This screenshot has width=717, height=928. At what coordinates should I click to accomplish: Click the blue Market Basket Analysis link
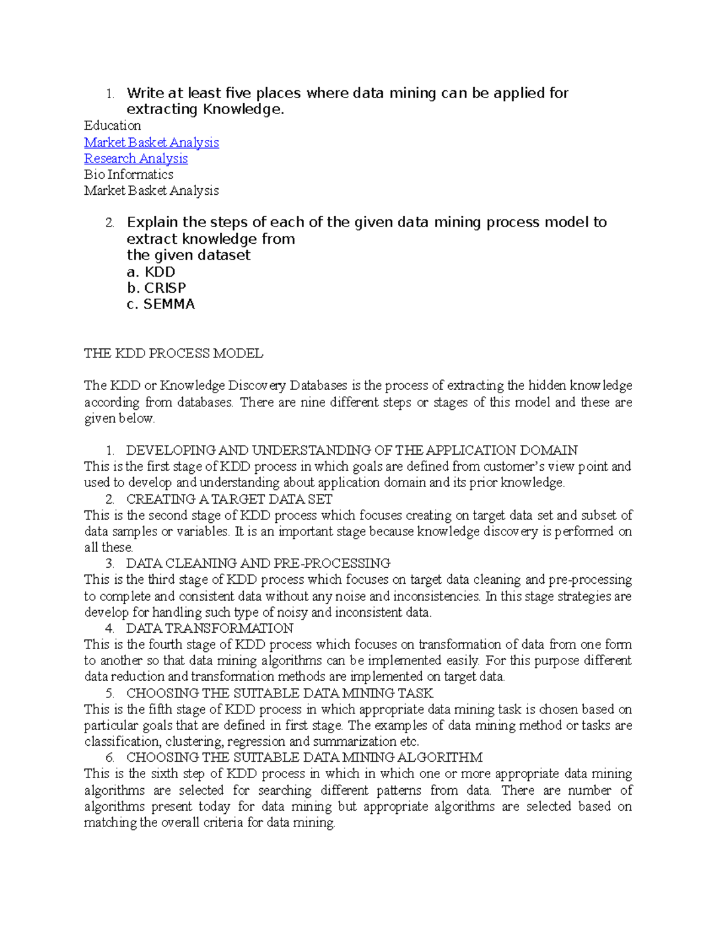pos(151,142)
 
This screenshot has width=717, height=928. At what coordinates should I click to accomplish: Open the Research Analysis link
pos(136,158)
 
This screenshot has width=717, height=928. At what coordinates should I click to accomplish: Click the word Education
pos(112,125)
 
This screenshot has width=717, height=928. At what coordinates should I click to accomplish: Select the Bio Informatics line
pos(128,174)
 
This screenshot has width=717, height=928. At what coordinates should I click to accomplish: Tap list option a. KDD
pos(151,272)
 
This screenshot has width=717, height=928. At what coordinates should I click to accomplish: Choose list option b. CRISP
pos(157,288)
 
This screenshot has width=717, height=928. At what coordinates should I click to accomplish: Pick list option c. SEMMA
pos(161,304)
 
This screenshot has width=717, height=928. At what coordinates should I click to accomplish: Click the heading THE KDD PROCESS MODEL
pos(173,353)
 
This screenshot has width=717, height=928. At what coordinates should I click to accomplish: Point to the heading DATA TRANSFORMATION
pos(209,628)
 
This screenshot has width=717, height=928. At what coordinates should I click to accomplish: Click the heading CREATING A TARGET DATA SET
pos(229,499)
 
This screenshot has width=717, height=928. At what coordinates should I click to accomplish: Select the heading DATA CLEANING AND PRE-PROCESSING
pos(258,563)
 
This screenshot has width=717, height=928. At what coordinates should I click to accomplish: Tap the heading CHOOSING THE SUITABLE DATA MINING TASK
pos(280,693)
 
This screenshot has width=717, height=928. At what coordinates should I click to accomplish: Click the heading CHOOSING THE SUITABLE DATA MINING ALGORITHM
pos(304,758)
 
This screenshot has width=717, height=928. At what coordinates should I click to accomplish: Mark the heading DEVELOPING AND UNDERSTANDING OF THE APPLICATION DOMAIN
pos(352,450)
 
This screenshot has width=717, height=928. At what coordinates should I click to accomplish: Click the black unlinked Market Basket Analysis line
pos(151,191)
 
